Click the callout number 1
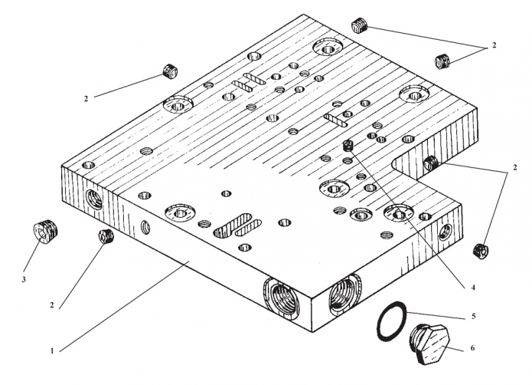pyautogui.click(x=52, y=350)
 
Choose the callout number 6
pyautogui.click(x=472, y=348)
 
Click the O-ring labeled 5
pyautogui.click(x=391, y=322)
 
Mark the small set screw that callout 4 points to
pyautogui.click(x=349, y=145)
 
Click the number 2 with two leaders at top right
pyautogui.click(x=494, y=46)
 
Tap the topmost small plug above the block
pyautogui.click(x=360, y=26)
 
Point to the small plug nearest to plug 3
pyautogui.click(x=106, y=236)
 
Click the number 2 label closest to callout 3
pyautogui.click(x=52, y=305)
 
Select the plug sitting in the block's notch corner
pyautogui.click(x=430, y=163)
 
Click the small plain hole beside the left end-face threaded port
pyautogui.click(x=144, y=226)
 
